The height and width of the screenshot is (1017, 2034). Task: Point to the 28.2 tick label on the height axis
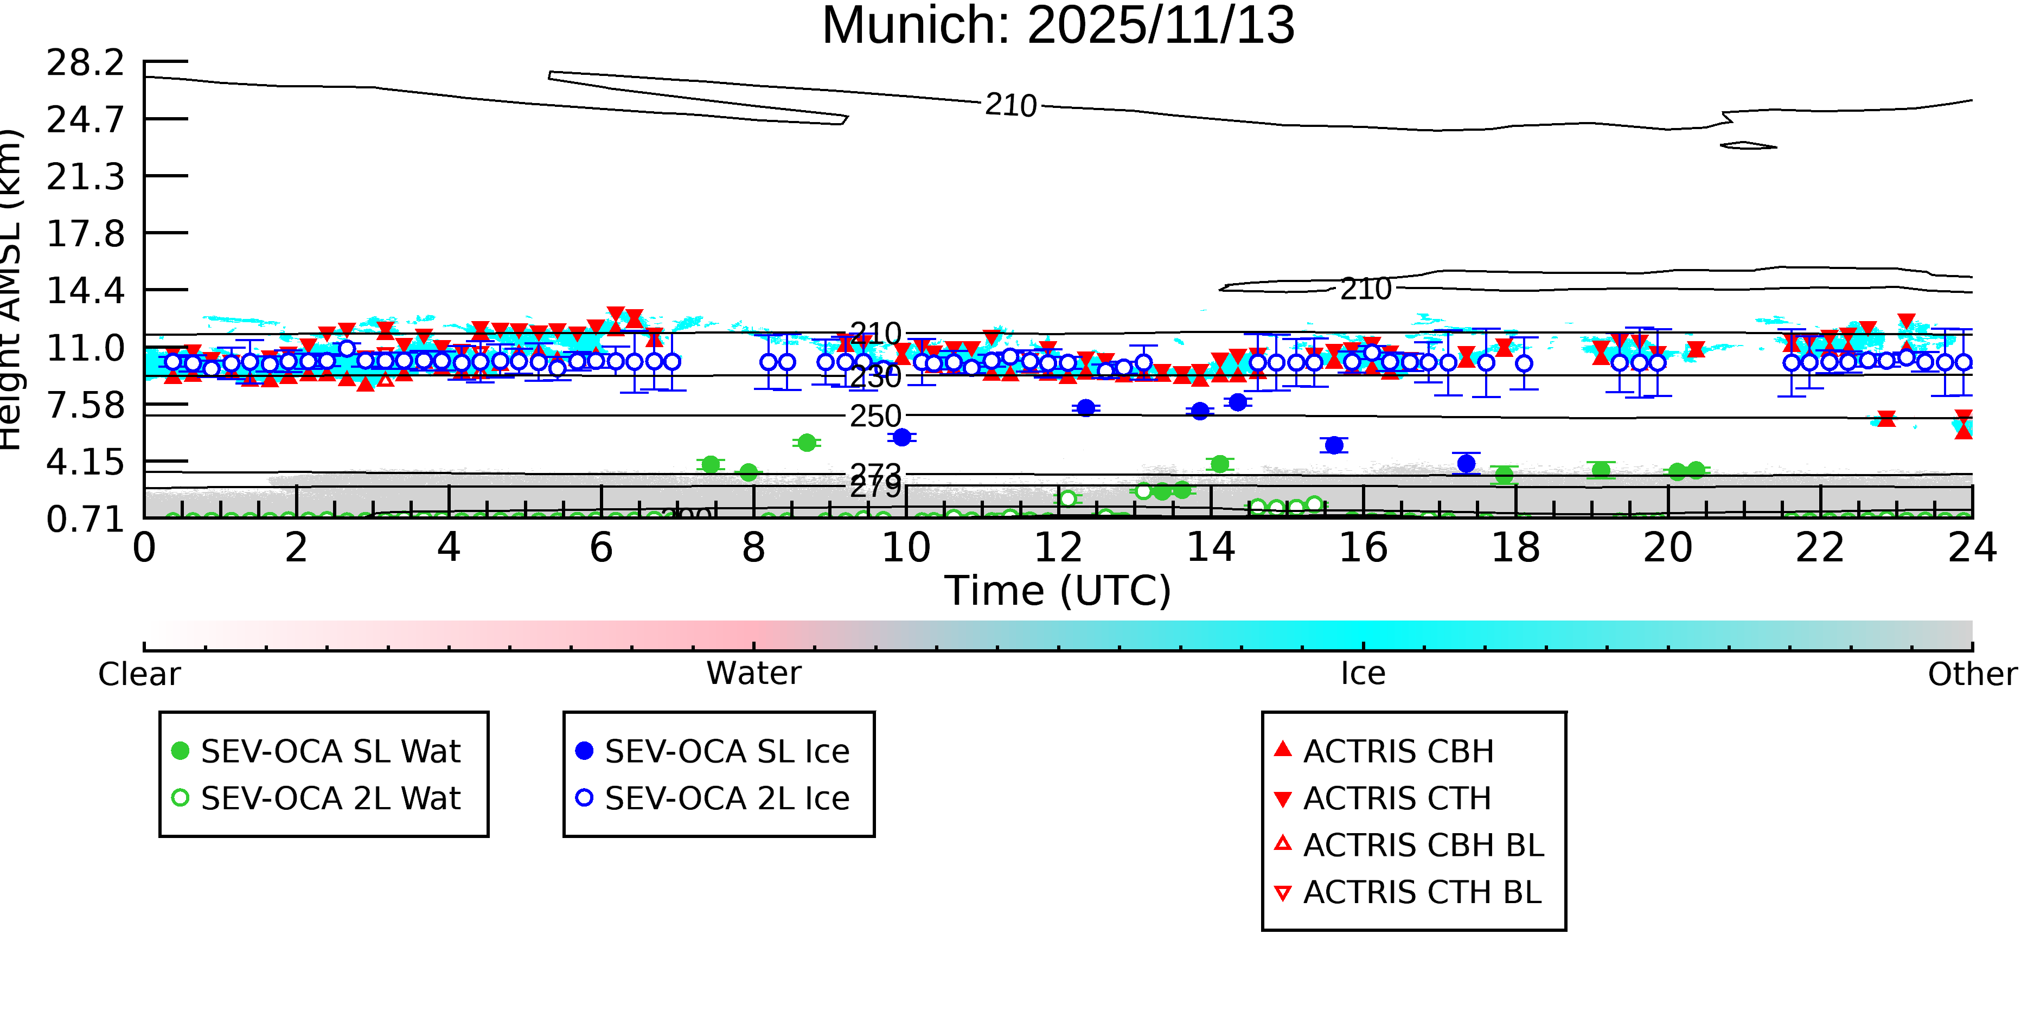coord(85,62)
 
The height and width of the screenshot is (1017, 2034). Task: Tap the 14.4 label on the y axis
coord(85,291)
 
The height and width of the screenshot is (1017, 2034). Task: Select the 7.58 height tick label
coord(85,405)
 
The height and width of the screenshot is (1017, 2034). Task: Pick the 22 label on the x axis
coord(1819,548)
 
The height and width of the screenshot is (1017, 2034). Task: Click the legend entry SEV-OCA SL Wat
coord(330,751)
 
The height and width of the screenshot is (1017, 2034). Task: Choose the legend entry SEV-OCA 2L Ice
coord(726,798)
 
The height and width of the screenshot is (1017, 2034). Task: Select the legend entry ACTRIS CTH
coord(1397,798)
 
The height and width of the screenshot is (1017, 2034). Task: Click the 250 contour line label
coord(875,416)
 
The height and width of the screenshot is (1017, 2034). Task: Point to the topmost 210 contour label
coord(1010,105)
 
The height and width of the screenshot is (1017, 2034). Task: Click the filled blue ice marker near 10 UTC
coord(901,437)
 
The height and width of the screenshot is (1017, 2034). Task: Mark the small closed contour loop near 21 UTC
coord(1748,145)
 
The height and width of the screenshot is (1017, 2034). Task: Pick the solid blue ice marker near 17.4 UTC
coord(1466,464)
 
